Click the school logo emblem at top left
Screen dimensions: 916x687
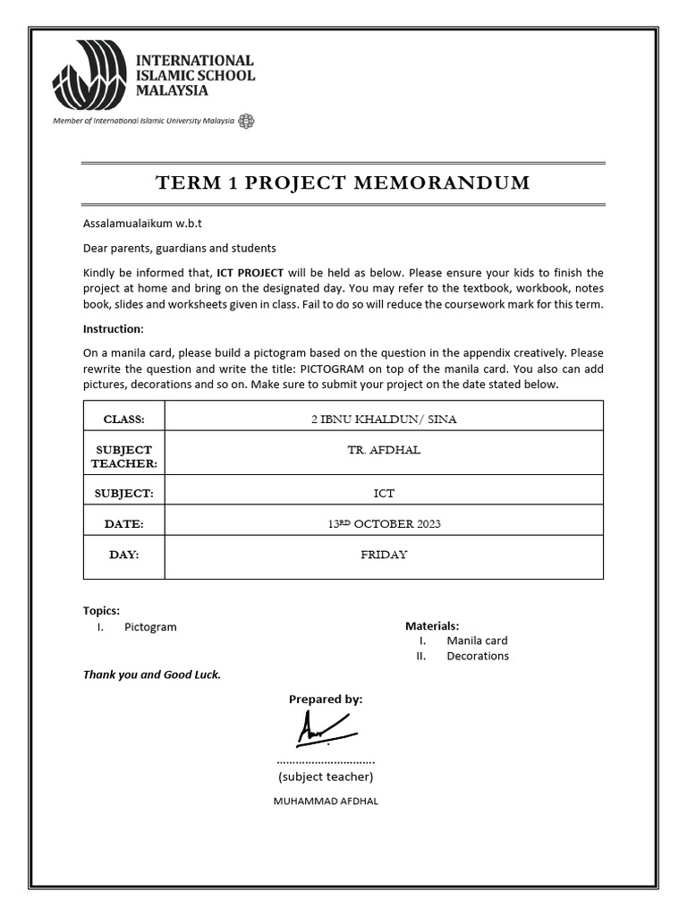(89, 75)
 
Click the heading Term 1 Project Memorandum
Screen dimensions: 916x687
(343, 183)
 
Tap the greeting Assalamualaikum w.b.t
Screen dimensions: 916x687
(136, 223)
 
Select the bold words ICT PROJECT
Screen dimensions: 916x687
(250, 272)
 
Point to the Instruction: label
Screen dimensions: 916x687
(113, 329)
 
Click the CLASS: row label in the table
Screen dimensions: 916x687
(123, 419)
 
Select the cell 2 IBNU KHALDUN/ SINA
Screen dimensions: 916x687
(383, 419)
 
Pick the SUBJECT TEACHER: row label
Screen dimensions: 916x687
(123, 456)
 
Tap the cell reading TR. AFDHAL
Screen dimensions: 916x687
(383, 450)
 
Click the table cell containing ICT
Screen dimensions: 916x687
(383, 493)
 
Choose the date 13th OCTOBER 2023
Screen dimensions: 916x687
(383, 523)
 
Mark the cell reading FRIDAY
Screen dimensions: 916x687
(383, 555)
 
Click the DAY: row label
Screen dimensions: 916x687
(123, 555)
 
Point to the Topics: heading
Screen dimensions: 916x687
(101, 611)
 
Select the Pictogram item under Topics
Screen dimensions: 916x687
(150, 627)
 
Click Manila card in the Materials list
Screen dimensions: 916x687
(477, 640)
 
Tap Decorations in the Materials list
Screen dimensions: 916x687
(478, 656)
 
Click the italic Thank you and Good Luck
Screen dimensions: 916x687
(152, 674)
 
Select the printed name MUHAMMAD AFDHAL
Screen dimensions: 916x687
(326, 801)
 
